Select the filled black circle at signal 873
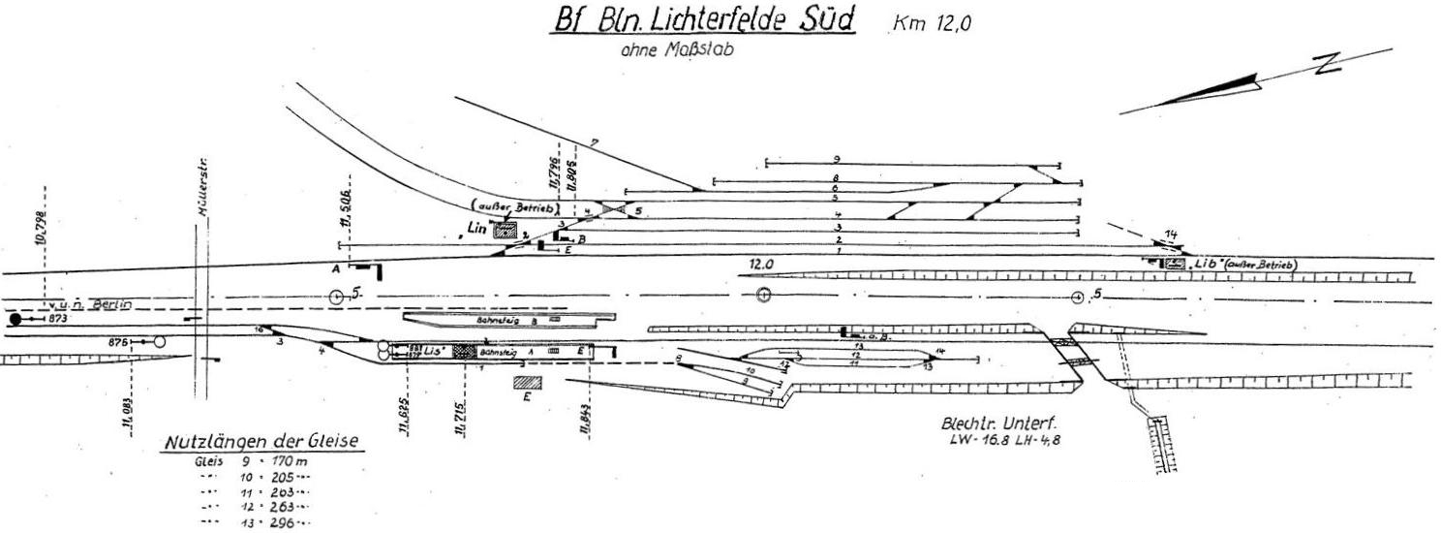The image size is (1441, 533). (x=15, y=319)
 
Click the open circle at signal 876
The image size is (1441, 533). (x=160, y=341)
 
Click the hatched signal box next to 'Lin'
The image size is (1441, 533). (x=505, y=231)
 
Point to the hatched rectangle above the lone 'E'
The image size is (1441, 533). (x=527, y=383)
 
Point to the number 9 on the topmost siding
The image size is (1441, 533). (x=835, y=158)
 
